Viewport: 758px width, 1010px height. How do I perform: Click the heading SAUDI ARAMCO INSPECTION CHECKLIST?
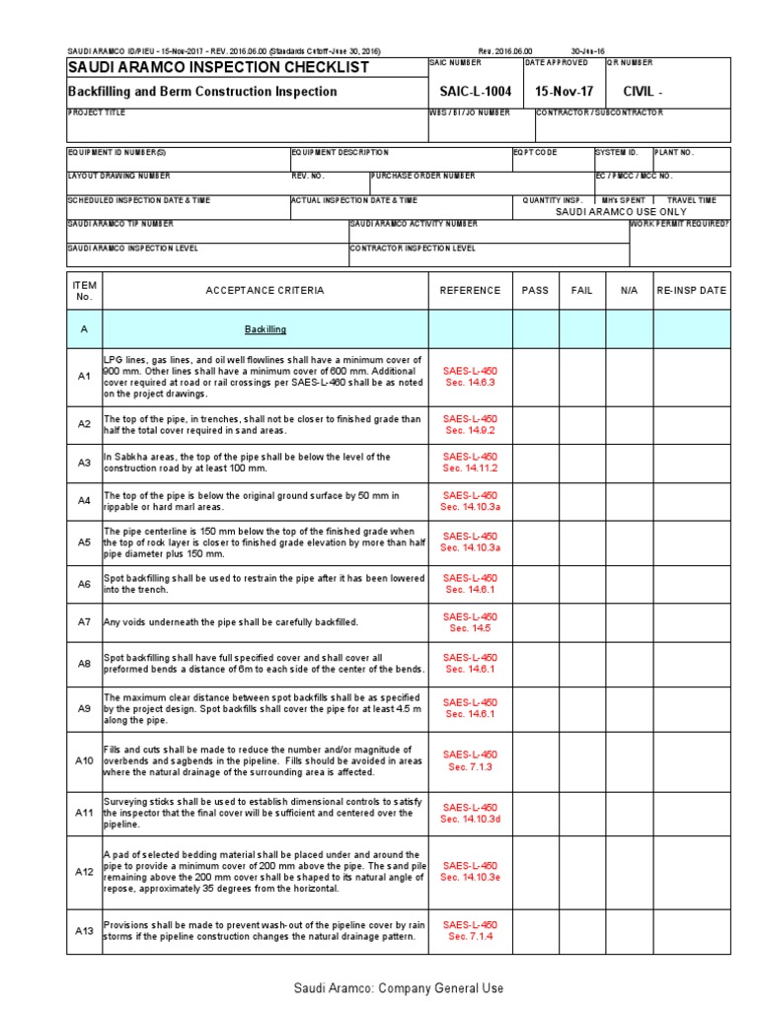[218, 67]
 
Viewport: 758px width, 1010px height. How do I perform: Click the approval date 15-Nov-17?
[564, 92]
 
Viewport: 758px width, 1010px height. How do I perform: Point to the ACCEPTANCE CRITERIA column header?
[265, 291]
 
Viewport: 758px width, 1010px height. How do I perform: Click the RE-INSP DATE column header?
[691, 291]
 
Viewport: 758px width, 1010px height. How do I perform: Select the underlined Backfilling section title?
[265, 329]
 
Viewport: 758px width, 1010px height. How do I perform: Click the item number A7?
[84, 622]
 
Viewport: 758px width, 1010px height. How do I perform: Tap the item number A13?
[84, 930]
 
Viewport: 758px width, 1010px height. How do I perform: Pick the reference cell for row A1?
[470, 376]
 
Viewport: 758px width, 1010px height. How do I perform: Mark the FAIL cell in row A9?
[582, 707]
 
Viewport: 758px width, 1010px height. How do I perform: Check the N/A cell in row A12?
[629, 872]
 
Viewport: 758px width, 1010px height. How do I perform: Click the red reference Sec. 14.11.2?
[470, 469]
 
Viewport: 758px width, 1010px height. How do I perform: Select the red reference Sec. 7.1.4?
[470, 937]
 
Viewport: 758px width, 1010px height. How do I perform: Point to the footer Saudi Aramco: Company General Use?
[398, 988]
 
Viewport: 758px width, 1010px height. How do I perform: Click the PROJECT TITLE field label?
[97, 113]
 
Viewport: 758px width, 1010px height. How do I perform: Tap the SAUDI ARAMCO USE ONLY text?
[620, 212]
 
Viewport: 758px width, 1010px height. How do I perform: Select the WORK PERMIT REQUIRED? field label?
[681, 225]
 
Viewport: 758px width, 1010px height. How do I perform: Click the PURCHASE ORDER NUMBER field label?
[423, 177]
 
